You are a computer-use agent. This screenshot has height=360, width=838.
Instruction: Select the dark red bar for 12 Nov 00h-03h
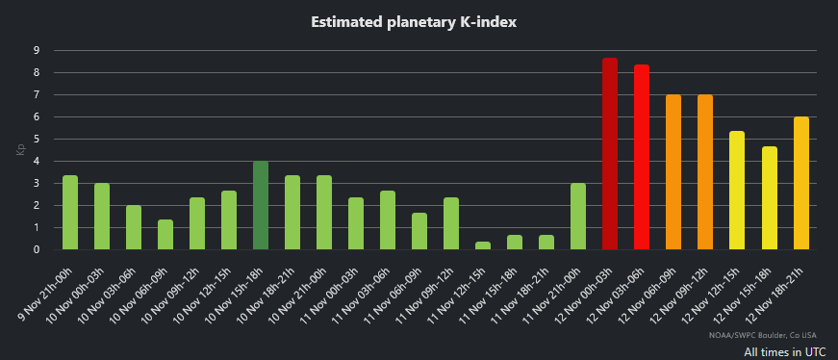(x=610, y=154)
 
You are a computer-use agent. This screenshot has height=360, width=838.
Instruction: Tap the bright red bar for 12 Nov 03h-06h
(x=642, y=158)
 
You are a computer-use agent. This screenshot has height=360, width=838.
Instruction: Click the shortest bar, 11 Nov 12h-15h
(x=483, y=245)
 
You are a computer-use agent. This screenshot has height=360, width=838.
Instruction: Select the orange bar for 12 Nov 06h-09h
(x=673, y=172)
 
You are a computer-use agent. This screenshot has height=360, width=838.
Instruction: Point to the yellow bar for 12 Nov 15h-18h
(x=769, y=198)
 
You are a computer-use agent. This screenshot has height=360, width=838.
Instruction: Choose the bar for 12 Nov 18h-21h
(x=800, y=183)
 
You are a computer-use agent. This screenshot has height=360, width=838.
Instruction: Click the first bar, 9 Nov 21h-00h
(x=70, y=213)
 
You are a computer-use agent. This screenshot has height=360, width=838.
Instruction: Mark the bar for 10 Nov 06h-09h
(x=165, y=235)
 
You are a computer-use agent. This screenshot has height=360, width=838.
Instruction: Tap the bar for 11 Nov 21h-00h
(x=578, y=217)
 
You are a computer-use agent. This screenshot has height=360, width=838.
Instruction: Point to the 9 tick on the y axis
(x=37, y=50)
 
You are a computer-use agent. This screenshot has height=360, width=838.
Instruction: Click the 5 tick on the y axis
(x=37, y=139)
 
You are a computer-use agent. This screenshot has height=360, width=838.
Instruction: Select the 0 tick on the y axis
(x=37, y=250)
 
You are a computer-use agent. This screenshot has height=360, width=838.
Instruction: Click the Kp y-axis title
(x=18, y=150)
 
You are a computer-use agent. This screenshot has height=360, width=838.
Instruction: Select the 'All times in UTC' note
(x=784, y=351)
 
